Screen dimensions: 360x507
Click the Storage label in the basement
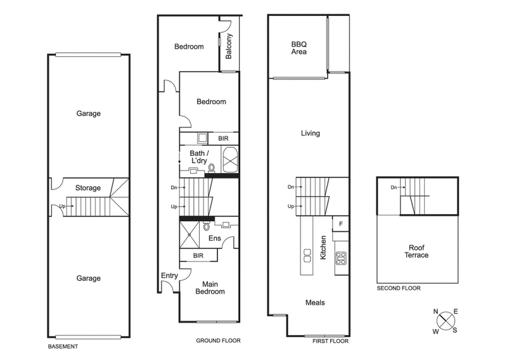pos(88,188)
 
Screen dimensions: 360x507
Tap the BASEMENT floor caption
pos(63,347)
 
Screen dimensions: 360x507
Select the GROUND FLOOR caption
pos(218,340)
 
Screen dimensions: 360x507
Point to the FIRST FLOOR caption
pos(330,340)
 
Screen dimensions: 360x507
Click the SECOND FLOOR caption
pos(398,288)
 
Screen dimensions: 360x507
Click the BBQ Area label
pos(298,48)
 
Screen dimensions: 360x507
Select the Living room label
pos(310,133)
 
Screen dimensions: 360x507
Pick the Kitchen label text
pos(323,247)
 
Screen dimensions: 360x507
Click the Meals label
pos(314,303)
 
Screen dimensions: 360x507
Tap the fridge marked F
pos(340,224)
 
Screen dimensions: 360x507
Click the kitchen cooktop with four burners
pos(340,257)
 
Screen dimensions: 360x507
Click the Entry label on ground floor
pos(169,275)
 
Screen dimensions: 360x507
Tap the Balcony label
pos(229,46)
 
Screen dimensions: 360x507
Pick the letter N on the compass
pos(435,311)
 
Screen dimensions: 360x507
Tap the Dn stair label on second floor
pos(394,187)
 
